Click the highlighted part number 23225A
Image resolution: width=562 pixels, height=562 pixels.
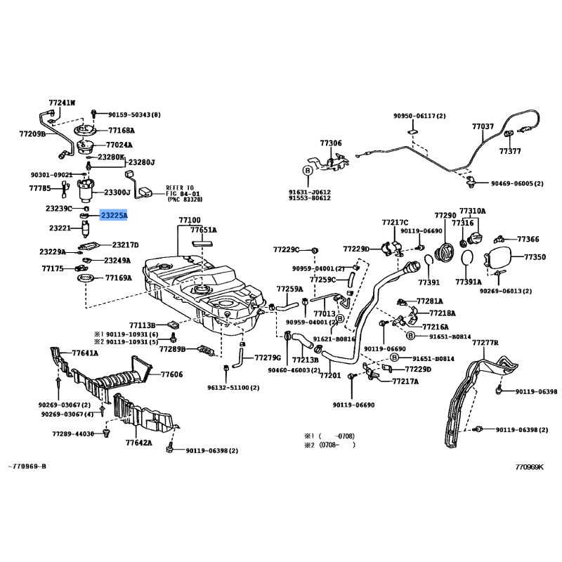[114, 216]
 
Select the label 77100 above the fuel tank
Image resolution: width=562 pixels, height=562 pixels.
[190, 220]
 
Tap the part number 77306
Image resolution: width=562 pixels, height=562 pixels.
[331, 143]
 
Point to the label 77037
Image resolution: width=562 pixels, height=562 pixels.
[483, 127]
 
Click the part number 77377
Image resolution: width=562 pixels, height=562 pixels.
[510, 151]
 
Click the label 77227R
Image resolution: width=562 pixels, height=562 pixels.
[485, 342]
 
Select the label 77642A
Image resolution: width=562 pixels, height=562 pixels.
[139, 443]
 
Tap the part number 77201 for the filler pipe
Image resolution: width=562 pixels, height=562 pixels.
[329, 376]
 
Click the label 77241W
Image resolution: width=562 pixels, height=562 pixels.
[61, 103]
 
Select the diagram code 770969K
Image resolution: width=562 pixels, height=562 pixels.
[529, 466]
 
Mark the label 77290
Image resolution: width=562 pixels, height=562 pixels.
[445, 215]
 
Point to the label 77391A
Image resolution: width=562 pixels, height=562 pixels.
[468, 282]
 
